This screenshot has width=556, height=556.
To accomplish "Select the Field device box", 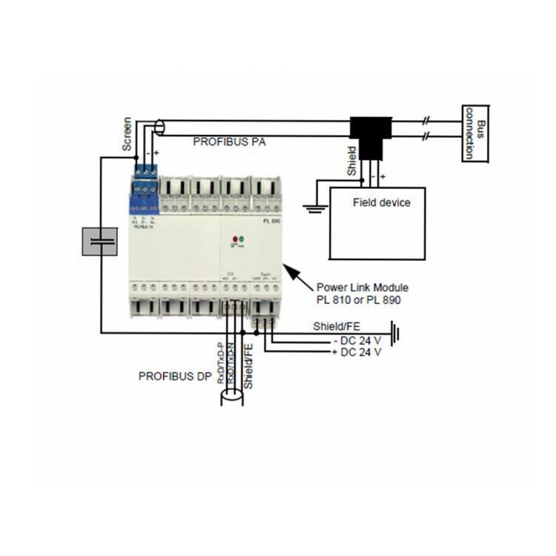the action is coord(377,222).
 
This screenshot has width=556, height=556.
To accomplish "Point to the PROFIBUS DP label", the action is coord(175,376).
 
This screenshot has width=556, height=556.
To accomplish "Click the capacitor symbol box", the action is coord(99,241).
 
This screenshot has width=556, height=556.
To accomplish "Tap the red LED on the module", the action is coord(234,241).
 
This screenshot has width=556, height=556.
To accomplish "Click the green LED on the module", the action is coord(242,241).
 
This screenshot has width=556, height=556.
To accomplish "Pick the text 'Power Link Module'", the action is coord(363,287).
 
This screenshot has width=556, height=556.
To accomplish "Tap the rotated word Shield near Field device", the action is coord(352,161).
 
